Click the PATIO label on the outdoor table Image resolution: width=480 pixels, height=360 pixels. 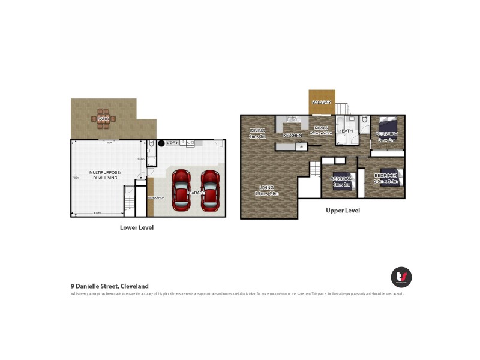click(104, 119)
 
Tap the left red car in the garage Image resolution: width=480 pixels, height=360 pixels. click(181, 190)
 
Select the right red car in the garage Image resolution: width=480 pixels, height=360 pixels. click(209, 190)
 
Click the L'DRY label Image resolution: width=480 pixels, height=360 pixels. click(173, 143)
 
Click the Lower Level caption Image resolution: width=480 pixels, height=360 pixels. click(137, 227)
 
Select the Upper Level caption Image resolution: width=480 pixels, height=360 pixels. click(343, 211)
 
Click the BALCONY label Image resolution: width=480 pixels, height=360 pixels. click(322, 103)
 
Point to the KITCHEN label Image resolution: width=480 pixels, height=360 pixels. click(293, 136)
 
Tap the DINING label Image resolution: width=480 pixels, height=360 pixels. click(257, 130)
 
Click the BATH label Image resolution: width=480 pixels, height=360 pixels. click(347, 131)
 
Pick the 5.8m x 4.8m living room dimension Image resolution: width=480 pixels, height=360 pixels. click(266, 193)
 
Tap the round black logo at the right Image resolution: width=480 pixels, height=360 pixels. click(401, 277)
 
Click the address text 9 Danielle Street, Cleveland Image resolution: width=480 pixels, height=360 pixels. click(110, 286)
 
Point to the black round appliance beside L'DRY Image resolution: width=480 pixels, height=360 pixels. click(161, 143)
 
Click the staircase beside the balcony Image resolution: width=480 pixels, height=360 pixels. click(341, 109)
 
